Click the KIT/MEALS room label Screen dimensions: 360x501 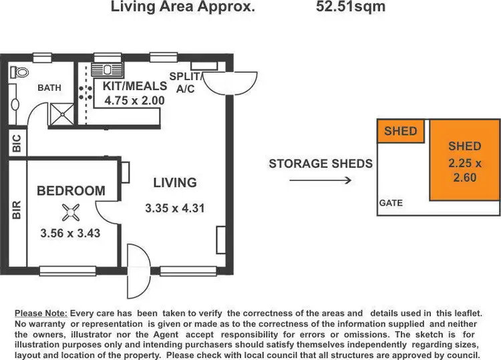[x=133, y=86]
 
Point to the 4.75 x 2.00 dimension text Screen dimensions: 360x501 [x=134, y=101]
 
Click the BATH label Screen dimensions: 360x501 [x=49, y=87]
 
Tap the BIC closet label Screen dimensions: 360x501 [x=15, y=143]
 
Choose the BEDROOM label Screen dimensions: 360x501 [x=71, y=191]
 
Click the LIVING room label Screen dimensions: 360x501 [x=175, y=182]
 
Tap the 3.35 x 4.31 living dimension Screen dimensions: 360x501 [x=174, y=208]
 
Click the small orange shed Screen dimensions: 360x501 [x=400, y=131]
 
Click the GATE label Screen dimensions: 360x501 [x=391, y=203]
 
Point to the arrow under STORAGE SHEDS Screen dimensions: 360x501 [x=330, y=180]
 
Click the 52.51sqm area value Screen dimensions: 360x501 [x=351, y=8]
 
